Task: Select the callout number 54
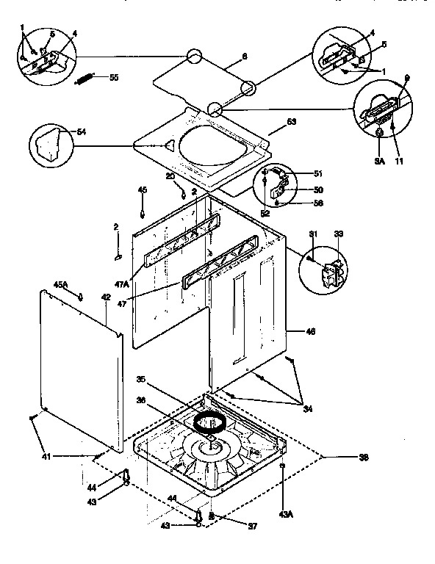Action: (82, 131)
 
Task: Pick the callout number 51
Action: (318, 174)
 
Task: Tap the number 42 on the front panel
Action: (106, 298)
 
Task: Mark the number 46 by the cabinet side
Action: (310, 332)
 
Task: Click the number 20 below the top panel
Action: (169, 177)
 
